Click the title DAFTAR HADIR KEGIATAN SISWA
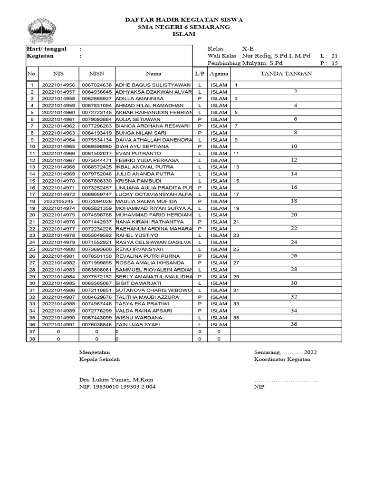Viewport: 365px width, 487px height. [183, 20]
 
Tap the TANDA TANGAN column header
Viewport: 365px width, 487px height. [286, 74]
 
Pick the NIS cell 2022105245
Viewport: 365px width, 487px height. [58, 201]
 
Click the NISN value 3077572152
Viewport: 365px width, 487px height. [96, 277]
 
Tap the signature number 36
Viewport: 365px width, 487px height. [294, 324]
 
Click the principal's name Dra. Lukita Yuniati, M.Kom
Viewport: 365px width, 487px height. [116, 380]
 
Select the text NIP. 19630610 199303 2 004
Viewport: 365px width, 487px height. [117, 387]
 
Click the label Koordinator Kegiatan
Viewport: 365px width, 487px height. [282, 360]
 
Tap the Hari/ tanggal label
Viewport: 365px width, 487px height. [47, 49]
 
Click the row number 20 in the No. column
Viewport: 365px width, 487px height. [32, 215]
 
